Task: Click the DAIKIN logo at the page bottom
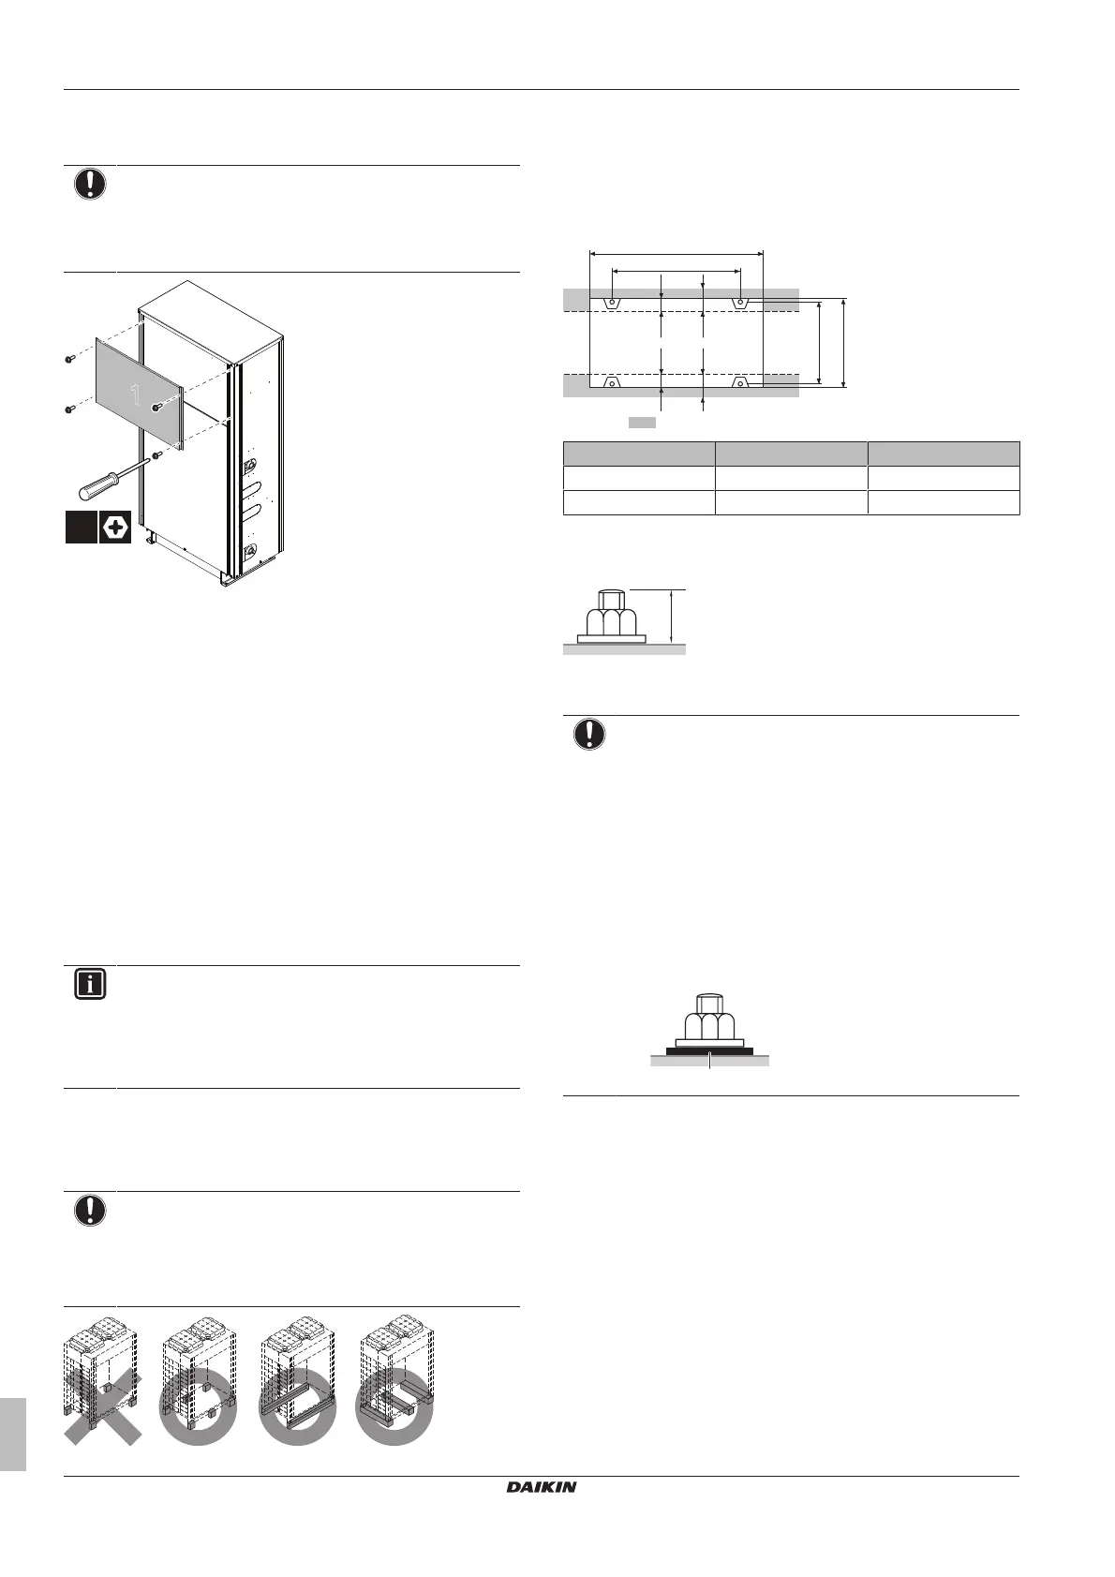coord(542,1486)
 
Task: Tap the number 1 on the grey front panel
coord(136,394)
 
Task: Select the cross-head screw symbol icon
coord(114,527)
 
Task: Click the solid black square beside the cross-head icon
coord(81,527)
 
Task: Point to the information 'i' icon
coord(90,985)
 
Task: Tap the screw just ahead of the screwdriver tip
coord(156,455)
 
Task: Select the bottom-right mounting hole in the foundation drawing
coord(740,381)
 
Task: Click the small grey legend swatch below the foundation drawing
coord(641,424)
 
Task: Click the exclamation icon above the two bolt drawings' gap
coord(589,735)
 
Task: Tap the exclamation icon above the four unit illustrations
coord(90,1211)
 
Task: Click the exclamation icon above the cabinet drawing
coord(90,185)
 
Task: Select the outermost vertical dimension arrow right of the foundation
coord(844,342)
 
